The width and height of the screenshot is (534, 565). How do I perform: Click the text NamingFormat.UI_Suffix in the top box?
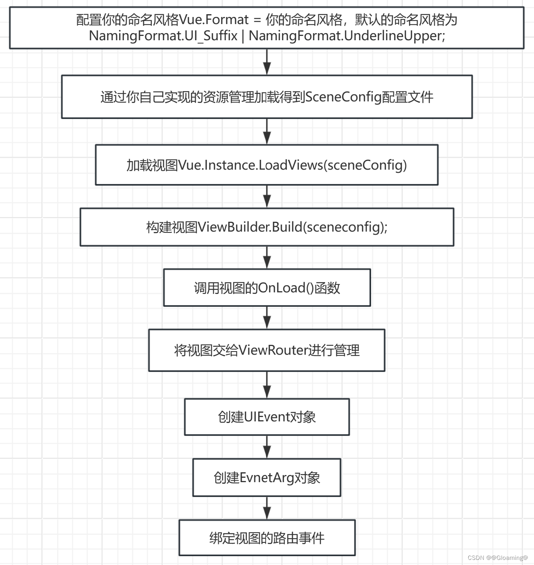coord(163,36)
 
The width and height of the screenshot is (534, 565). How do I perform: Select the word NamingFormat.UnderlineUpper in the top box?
coord(347,36)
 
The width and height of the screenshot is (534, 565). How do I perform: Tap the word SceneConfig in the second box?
coord(343,97)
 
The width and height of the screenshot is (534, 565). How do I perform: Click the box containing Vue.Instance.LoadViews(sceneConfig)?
coord(267,165)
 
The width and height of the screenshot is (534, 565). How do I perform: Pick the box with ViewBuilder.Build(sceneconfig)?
coord(267,227)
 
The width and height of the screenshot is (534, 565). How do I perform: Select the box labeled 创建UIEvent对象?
coord(267,417)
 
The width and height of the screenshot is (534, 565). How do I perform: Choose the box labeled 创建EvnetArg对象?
coord(267,478)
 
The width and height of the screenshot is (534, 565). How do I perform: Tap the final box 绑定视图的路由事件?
coord(267,538)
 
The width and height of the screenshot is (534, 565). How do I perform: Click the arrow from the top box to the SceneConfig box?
coord(267,62)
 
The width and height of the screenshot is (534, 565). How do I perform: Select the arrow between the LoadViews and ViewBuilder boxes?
coord(267,196)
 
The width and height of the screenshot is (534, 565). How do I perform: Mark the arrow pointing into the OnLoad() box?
coord(267,258)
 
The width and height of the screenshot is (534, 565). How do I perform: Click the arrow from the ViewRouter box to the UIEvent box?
coord(267,385)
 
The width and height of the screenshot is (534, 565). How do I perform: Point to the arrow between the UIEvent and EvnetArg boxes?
coord(267,447)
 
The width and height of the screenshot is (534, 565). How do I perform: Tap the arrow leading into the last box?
coord(267,508)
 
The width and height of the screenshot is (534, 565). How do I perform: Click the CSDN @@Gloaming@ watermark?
coord(498,558)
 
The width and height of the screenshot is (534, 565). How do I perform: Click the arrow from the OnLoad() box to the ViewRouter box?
coord(267,318)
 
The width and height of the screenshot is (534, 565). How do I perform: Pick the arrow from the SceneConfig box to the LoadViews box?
coord(267,132)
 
